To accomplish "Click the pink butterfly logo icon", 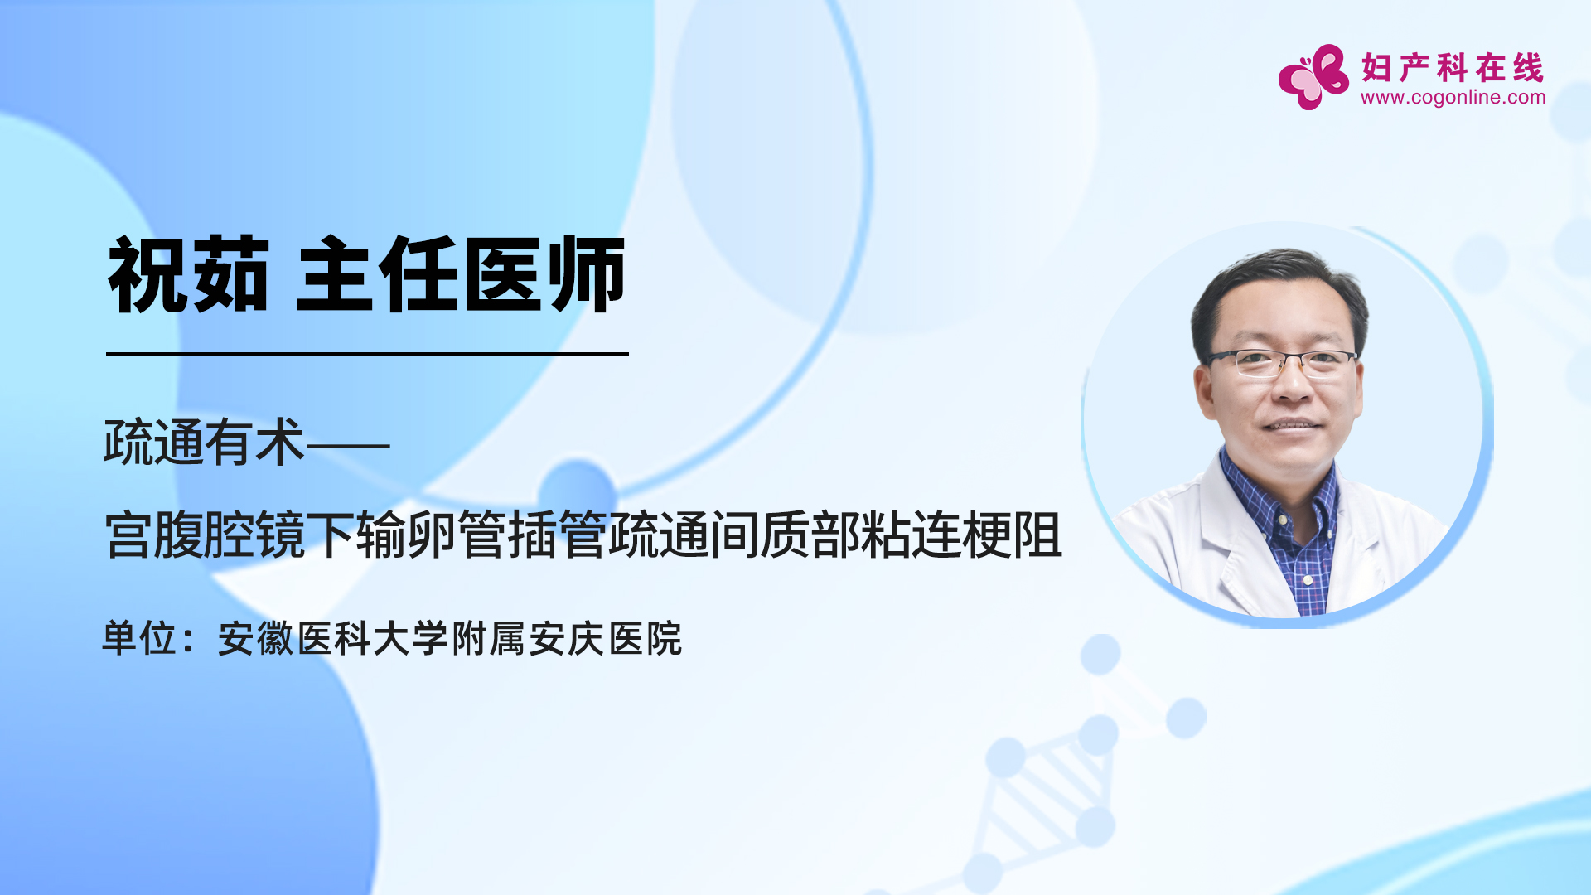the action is pos(1313,76).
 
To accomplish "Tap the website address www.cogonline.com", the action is pos(1453,98).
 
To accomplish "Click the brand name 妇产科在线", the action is pos(1453,67).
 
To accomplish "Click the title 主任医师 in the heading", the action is pos(461,274).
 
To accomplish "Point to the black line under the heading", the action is pos(367,354).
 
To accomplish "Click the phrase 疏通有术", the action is pos(204,443).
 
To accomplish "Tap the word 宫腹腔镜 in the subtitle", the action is pos(205,535).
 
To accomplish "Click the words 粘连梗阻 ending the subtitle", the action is pos(961,535).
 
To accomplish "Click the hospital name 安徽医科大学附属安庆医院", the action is pos(450,638).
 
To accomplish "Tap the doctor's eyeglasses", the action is pos(1282,362).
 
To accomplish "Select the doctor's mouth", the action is pos(1290,426).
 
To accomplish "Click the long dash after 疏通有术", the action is pos(348,446).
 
